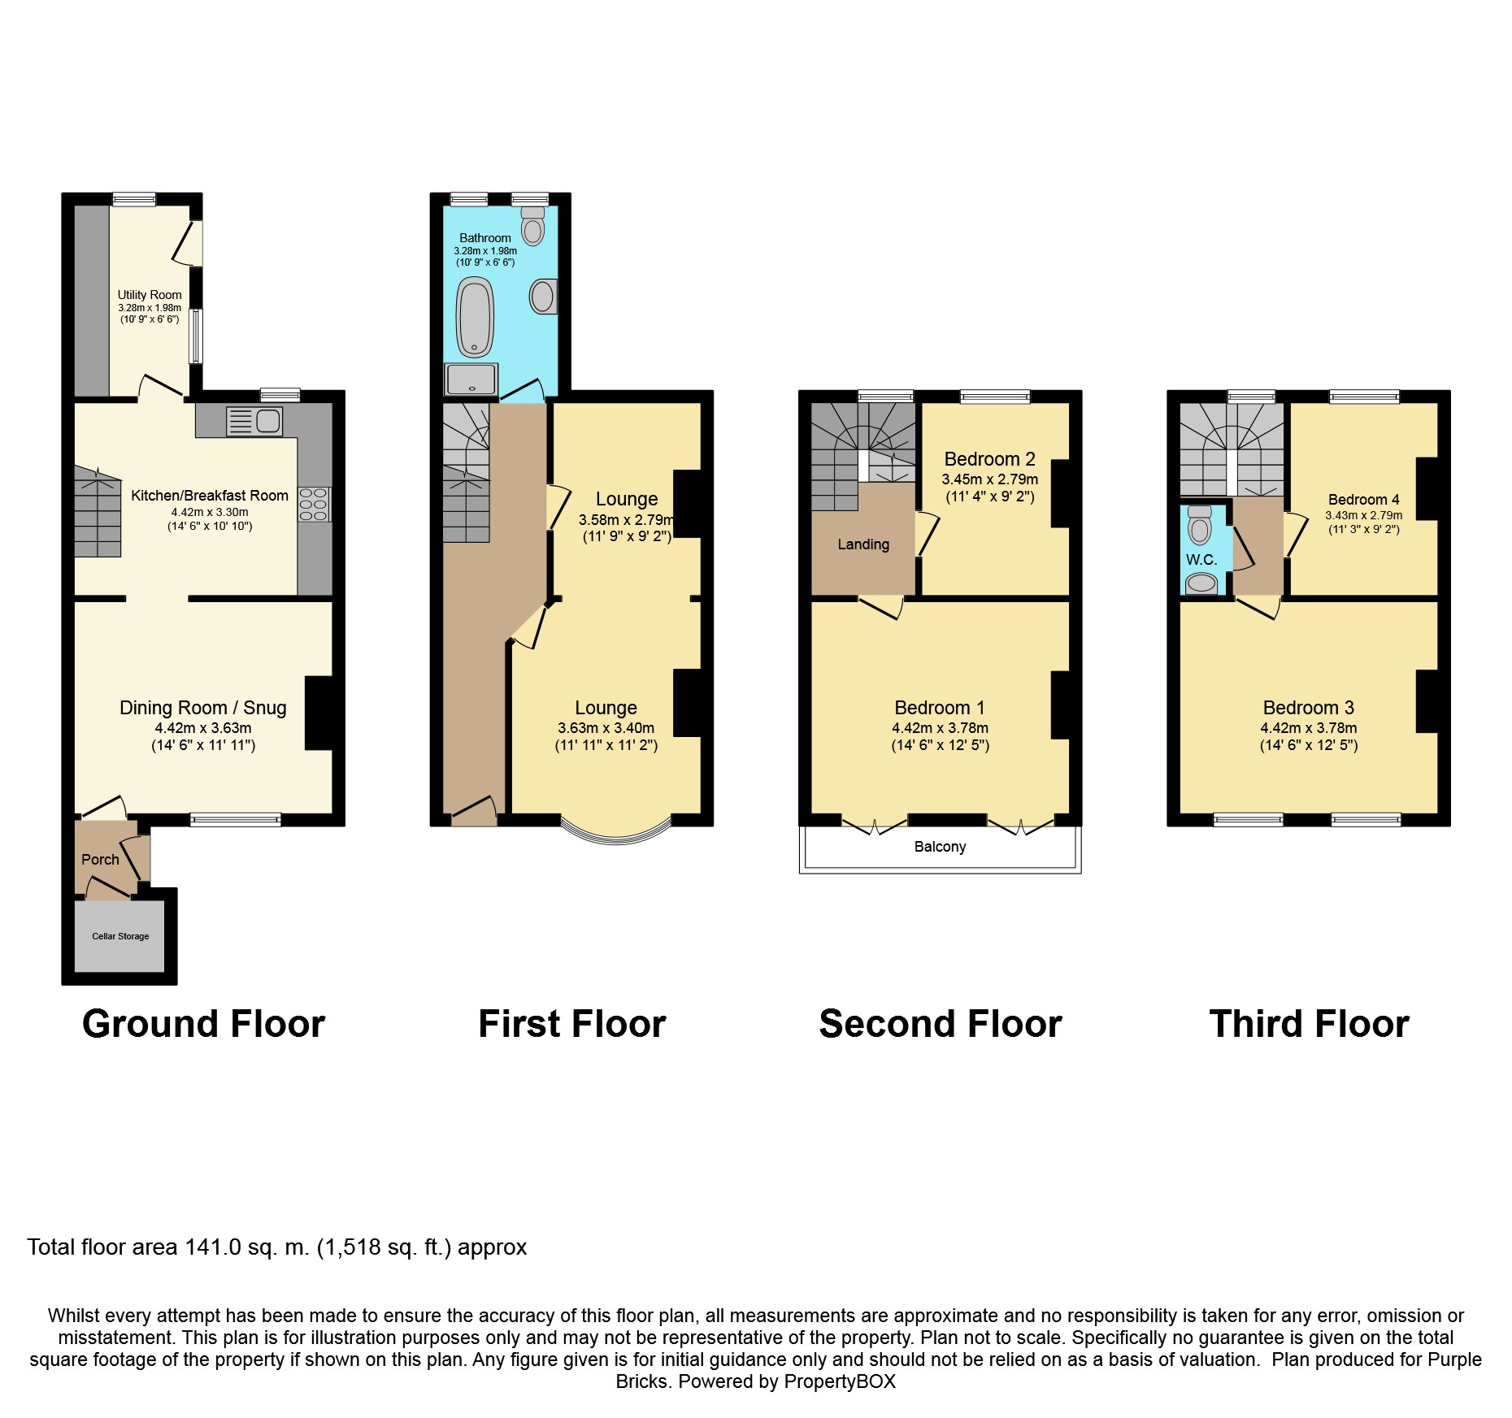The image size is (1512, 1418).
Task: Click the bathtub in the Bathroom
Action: tap(476, 318)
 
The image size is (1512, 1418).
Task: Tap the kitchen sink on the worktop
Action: tap(254, 420)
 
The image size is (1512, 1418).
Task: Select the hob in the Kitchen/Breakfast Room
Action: tap(315, 504)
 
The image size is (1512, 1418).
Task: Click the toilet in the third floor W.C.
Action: tap(1199, 526)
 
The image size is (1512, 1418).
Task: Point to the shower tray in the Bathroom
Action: tap(471, 379)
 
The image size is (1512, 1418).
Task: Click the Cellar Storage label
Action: tap(120, 936)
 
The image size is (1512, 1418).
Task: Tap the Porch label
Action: tap(100, 859)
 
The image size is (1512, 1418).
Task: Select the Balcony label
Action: tap(940, 847)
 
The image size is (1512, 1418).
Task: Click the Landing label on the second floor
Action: tap(863, 544)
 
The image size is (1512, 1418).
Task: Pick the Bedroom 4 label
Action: tap(1363, 500)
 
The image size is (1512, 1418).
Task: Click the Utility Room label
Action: tap(150, 295)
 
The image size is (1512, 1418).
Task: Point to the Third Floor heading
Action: tap(1309, 1024)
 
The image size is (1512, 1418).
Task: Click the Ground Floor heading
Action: tap(203, 1024)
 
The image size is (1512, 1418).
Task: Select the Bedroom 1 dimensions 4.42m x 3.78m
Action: tap(940, 728)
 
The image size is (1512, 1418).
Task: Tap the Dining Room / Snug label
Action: tap(202, 708)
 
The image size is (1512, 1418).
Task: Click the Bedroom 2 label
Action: tap(989, 459)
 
